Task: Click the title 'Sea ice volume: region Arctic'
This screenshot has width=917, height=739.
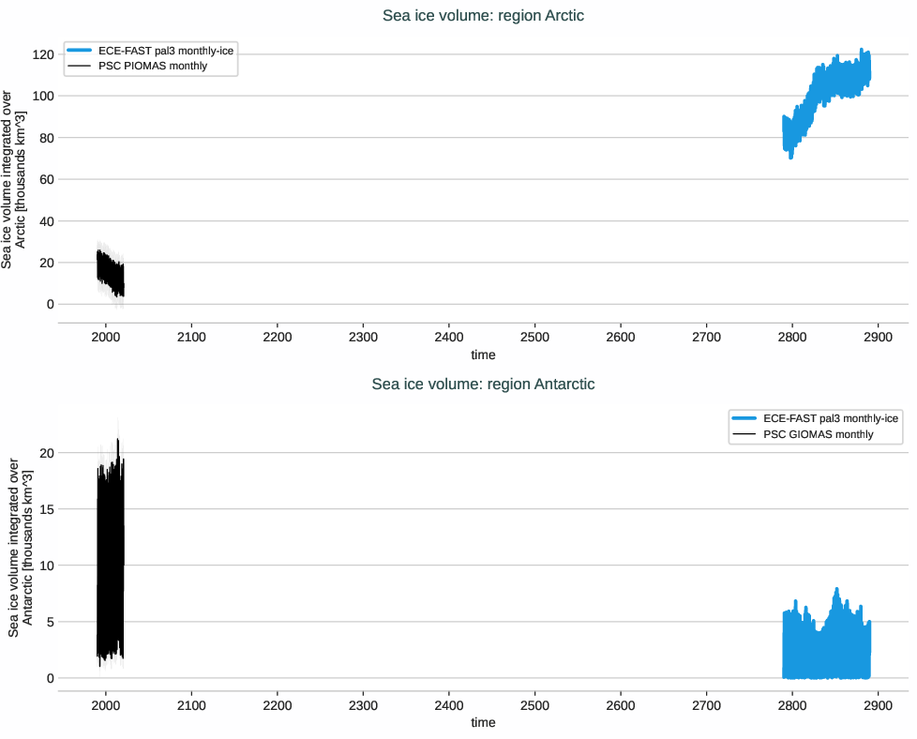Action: pos(483,16)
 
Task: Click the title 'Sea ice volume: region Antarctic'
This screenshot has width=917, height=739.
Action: pos(483,384)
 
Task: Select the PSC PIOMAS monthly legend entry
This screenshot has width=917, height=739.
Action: pos(152,67)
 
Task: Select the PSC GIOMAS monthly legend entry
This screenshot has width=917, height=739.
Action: pos(818,434)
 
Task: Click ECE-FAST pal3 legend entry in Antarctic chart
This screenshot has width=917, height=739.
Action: pos(831,418)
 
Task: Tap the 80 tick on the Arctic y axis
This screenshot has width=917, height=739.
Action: pos(41,138)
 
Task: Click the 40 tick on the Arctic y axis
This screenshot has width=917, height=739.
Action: pos(41,221)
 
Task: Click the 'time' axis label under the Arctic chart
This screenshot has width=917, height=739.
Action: pos(483,355)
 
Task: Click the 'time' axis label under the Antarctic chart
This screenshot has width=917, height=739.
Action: pos(483,723)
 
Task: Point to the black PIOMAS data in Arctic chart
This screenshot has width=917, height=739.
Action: pos(110,272)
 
